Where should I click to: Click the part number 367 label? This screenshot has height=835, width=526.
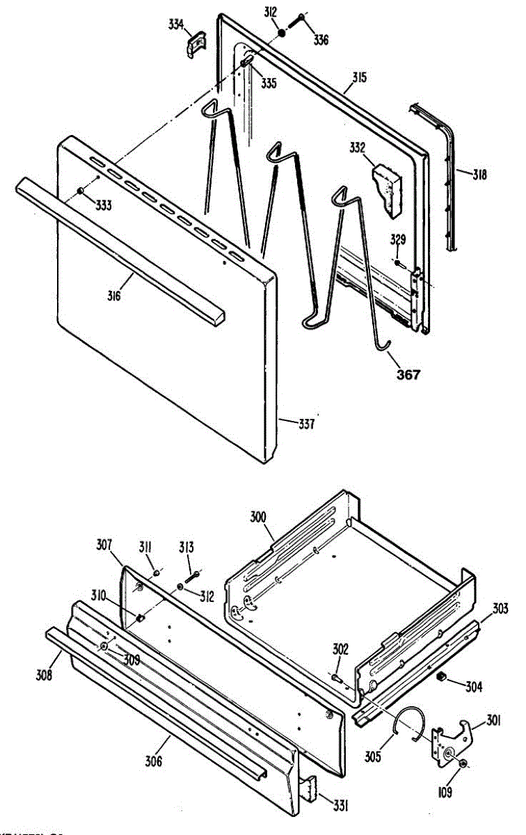(x=408, y=375)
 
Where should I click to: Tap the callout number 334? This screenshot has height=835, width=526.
(x=177, y=25)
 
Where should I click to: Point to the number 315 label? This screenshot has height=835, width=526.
(x=358, y=77)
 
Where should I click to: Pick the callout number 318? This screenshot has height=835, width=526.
(x=477, y=175)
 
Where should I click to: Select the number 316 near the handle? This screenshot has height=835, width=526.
(x=114, y=296)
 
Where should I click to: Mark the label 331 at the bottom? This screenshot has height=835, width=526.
(x=340, y=806)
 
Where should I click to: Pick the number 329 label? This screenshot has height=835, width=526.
(x=397, y=241)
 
